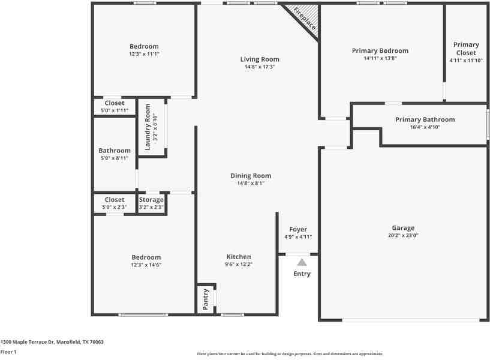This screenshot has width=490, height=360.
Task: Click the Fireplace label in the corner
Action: pos(305,18)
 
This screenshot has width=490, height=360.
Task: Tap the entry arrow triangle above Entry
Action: pos(302,262)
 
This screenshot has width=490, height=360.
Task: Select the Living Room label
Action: pos(260,59)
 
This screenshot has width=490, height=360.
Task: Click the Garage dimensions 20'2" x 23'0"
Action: pos(403,236)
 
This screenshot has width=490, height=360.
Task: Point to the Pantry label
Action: pos(206,299)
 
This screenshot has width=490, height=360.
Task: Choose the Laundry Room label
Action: pos(148,127)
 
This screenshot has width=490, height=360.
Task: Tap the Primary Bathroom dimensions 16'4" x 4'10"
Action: pos(425,127)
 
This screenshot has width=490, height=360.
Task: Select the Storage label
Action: pos(151,200)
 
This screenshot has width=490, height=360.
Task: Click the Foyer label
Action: pos(298,229)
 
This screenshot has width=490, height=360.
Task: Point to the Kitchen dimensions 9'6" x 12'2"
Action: pos(239,264)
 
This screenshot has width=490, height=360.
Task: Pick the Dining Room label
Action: pos(251,176)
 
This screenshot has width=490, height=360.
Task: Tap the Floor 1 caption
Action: pos(8,352)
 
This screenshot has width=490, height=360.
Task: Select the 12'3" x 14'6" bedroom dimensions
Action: pos(146,265)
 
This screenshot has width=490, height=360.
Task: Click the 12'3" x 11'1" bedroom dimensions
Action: pos(144,54)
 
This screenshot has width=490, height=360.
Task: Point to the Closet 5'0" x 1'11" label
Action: pos(115,103)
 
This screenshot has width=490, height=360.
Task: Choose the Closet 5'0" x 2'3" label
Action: pos(115,200)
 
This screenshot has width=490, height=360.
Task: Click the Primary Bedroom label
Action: pos(380,51)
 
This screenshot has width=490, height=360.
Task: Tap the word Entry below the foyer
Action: pos(302,274)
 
